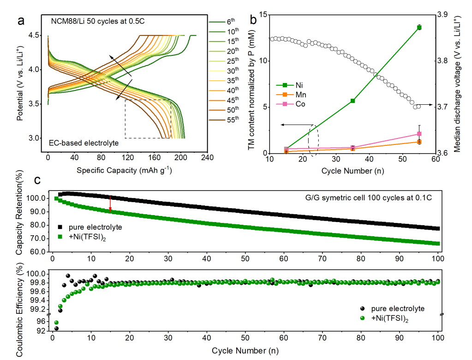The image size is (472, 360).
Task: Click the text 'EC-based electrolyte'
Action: coord(84,143)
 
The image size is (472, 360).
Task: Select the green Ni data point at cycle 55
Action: coord(419,28)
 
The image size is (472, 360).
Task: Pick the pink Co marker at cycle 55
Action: coord(419,134)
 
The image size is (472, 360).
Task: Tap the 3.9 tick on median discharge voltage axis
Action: coord(442,15)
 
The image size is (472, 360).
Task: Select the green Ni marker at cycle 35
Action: coord(353,101)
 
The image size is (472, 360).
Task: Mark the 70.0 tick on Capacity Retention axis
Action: coord(38,239)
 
